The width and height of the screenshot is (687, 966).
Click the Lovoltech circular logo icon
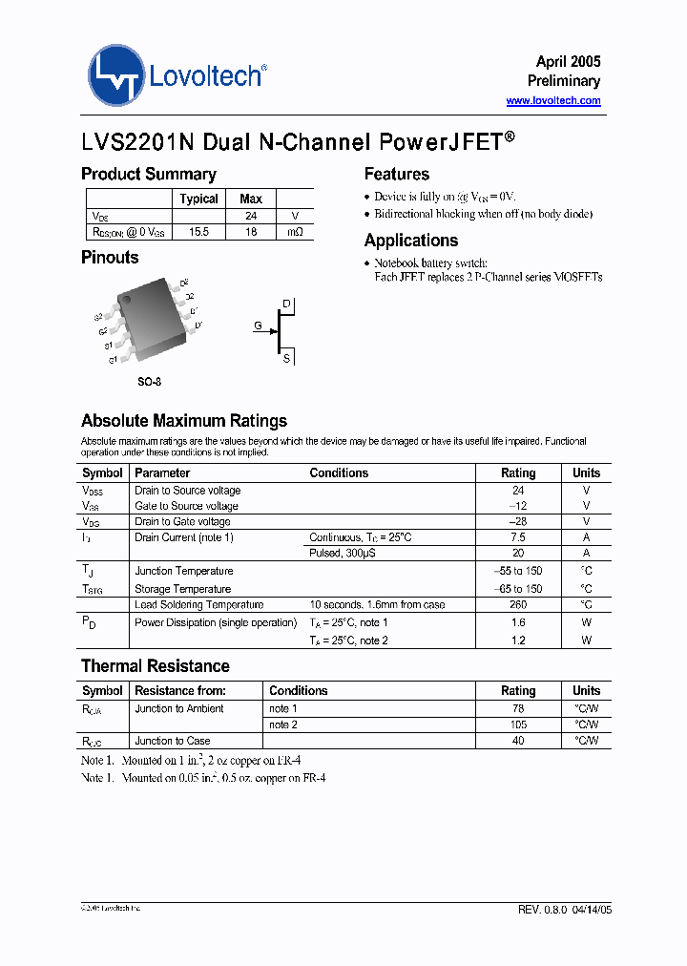point(116,74)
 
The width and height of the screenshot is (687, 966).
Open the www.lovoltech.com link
point(552,100)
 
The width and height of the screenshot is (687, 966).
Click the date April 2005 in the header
point(568,61)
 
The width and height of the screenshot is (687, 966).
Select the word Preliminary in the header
point(563,81)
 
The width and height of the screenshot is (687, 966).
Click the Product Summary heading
point(148,174)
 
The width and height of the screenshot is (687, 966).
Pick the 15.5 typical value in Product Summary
point(198,232)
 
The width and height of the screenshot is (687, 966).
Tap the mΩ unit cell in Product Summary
point(295,232)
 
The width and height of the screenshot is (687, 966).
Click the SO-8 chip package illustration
point(148,322)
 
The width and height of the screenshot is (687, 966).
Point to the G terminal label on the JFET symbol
point(258,326)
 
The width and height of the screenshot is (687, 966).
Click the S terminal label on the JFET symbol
point(286,358)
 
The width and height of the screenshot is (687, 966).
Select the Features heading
point(396,174)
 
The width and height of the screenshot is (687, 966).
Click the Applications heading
point(411,241)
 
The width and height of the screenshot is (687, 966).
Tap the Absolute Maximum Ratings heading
point(183,421)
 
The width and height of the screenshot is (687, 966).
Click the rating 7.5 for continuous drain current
point(518,537)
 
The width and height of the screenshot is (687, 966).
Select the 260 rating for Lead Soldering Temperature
point(518,604)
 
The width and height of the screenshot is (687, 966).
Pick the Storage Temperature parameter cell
point(182,589)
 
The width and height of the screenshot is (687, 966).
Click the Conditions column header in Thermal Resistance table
point(298,690)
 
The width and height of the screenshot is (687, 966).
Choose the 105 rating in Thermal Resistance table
point(518,724)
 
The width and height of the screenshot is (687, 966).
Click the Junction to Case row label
point(173,741)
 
